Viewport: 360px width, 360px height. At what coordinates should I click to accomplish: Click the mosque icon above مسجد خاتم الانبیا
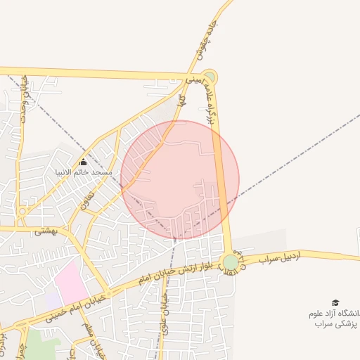[x=83, y=162]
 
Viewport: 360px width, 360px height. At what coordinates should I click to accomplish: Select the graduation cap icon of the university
[x=335, y=302]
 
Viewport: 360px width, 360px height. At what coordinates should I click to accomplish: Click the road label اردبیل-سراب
[x=278, y=259]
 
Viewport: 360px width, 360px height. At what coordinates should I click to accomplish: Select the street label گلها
[x=181, y=101]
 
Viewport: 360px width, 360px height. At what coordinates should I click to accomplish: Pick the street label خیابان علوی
[x=165, y=306]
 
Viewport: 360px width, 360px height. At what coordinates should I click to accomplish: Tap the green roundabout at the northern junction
[x=209, y=77]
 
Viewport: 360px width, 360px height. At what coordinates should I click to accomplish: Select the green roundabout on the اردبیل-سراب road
[x=231, y=263]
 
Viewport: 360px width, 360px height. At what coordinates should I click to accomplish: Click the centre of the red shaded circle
[x=180, y=180]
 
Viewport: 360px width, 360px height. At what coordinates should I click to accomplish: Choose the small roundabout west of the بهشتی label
[x=23, y=210]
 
